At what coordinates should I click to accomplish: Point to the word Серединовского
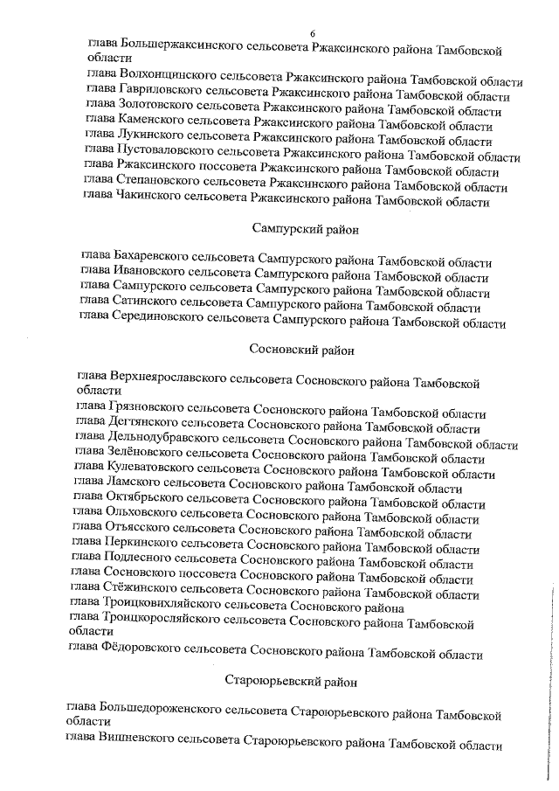click(x=156, y=321)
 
